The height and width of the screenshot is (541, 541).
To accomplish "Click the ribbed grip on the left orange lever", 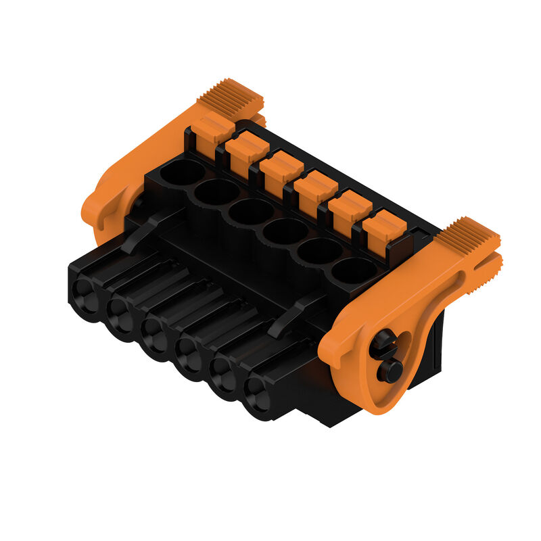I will (231, 95).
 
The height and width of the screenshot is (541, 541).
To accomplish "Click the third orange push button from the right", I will (315, 187).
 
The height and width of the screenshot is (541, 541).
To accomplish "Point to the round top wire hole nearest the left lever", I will (182, 172).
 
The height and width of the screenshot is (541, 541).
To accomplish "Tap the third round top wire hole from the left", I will (251, 212).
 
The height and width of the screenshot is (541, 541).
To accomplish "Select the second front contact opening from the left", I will (120, 314).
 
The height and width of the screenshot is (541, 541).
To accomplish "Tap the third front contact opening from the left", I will (154, 335).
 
